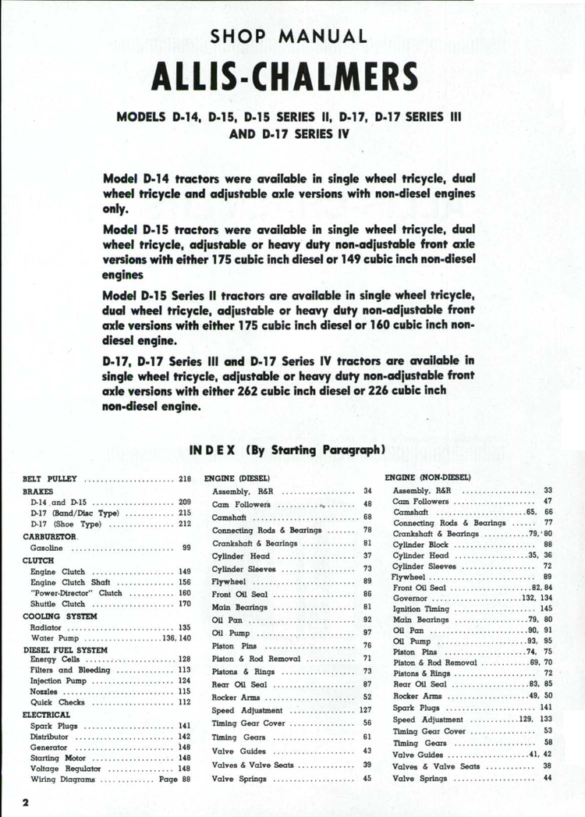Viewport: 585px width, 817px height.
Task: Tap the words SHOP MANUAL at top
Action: (289, 36)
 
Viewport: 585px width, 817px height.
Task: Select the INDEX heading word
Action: (214, 449)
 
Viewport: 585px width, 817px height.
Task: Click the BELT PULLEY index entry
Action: (50, 478)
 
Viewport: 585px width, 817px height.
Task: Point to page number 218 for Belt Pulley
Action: (185, 478)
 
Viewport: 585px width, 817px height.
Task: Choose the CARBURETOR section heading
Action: (51, 537)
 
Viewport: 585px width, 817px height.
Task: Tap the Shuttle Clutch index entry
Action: (57, 603)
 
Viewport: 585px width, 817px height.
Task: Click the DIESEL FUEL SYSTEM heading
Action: (66, 648)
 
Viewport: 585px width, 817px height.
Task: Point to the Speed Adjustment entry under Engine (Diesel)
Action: (247, 711)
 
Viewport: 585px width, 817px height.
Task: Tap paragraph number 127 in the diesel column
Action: (365, 711)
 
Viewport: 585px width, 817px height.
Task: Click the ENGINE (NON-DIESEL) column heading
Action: (427, 476)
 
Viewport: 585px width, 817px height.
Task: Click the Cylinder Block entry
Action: (421, 544)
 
